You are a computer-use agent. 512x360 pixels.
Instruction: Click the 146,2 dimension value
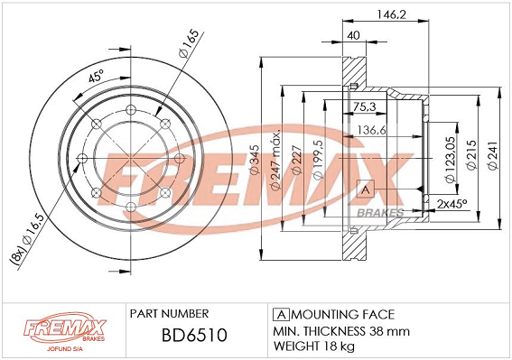tap(392, 14)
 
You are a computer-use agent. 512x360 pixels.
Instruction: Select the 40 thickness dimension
tap(353, 35)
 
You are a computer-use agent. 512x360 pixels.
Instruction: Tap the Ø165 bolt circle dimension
tap(189, 43)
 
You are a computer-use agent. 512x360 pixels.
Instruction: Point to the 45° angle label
tap(96, 77)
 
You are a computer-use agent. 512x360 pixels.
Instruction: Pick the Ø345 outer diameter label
tap(254, 159)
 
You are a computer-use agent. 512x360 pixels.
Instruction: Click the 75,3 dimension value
tap(364, 106)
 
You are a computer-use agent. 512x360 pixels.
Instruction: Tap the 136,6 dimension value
tap(372, 130)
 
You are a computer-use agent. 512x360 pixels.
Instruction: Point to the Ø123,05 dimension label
tap(451, 160)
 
